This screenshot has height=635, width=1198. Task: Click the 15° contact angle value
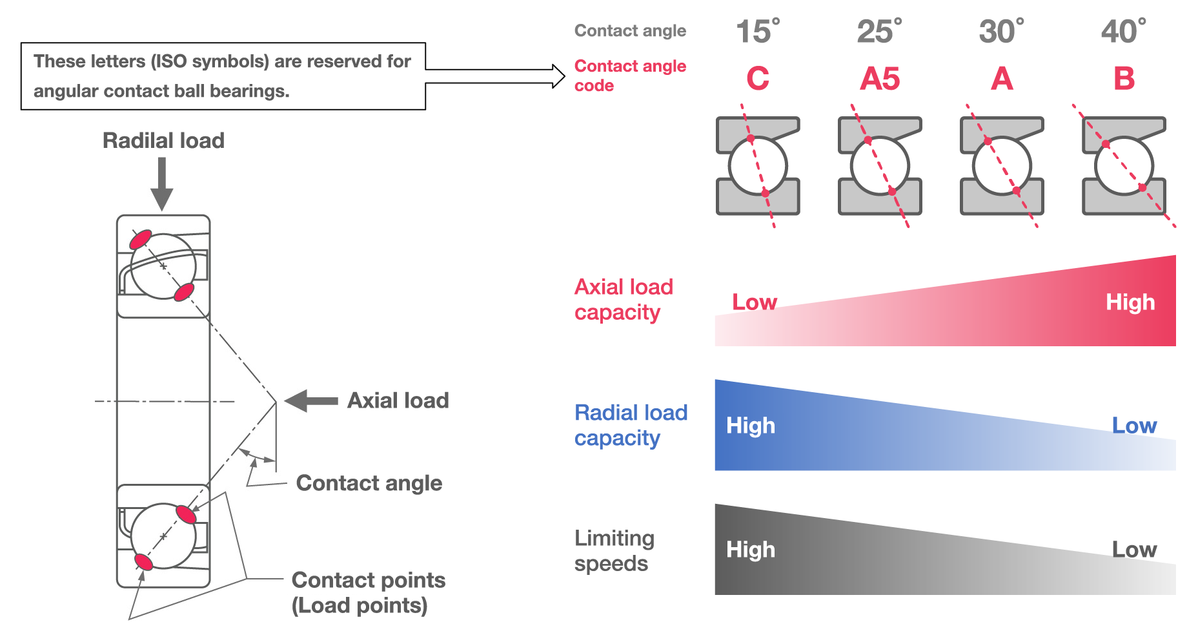tap(757, 32)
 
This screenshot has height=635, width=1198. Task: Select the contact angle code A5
tap(879, 79)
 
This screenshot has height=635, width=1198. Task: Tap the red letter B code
tap(1123, 79)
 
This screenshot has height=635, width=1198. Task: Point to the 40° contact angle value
tap(1123, 32)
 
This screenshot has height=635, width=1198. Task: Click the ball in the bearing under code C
tap(758, 166)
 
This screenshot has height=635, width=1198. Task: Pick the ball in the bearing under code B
tap(1124, 166)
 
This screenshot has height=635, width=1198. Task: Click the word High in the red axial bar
tap(1130, 302)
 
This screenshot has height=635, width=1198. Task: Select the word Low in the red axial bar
tap(754, 302)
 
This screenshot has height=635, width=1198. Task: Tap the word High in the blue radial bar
tap(750, 426)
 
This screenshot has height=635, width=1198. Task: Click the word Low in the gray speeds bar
tap(1133, 550)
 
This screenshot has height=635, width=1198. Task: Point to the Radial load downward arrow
tap(161, 183)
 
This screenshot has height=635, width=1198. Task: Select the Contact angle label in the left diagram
tap(369, 483)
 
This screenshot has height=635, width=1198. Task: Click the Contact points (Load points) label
tap(368, 592)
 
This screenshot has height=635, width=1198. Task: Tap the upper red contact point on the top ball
tap(141, 240)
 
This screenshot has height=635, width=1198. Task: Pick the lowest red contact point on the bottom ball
tap(143, 561)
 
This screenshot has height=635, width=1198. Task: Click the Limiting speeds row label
tap(613, 550)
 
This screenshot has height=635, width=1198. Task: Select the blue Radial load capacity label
tap(630, 425)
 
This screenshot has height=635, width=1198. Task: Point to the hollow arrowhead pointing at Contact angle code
tap(558, 76)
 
